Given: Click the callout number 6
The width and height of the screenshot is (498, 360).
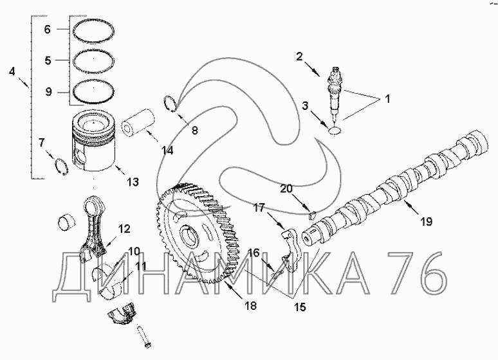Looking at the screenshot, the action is click(48, 30).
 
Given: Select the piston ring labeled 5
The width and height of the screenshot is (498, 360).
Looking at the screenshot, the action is click(73, 60).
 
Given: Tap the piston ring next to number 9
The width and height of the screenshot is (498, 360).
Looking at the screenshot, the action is click(73, 91).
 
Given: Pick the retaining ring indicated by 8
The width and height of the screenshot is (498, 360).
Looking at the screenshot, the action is click(170, 104).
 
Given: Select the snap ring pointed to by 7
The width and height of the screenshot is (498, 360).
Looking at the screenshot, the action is click(61, 166).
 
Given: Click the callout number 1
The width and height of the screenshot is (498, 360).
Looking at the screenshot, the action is click(387, 99).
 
